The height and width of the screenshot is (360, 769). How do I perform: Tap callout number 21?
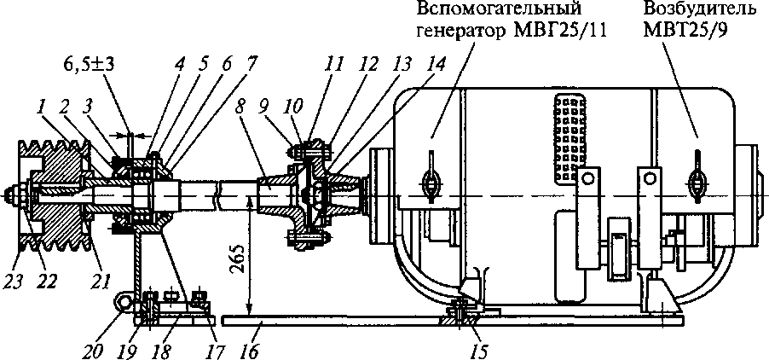tap(100, 281)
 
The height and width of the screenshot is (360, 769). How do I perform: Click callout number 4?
tap(180, 67)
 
